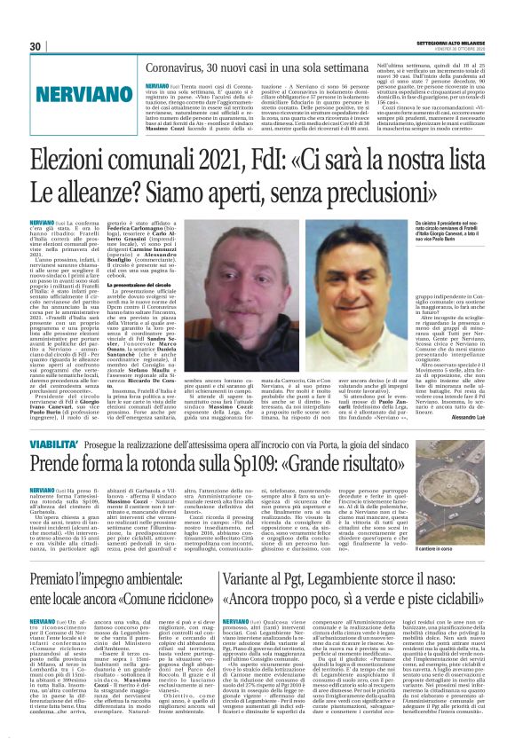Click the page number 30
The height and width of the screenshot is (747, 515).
36,46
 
